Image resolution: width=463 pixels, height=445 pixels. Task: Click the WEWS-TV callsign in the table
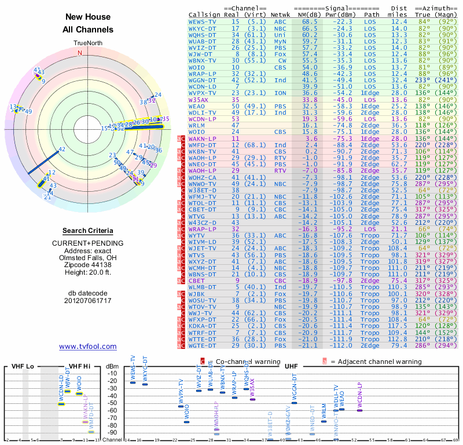202,21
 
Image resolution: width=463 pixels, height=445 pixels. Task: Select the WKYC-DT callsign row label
202,28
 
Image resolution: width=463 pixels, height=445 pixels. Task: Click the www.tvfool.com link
88,346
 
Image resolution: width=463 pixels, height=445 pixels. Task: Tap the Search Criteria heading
88,231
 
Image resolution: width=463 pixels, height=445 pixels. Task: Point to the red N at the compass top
80,53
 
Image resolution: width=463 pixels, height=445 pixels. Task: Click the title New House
88,17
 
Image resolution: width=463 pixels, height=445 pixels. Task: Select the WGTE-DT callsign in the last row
202,345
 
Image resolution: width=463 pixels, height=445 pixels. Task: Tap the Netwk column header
284,14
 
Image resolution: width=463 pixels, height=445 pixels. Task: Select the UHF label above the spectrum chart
291,366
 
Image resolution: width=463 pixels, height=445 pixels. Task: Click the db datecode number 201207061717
88,301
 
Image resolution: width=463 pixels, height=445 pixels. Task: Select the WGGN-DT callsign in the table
202,79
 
